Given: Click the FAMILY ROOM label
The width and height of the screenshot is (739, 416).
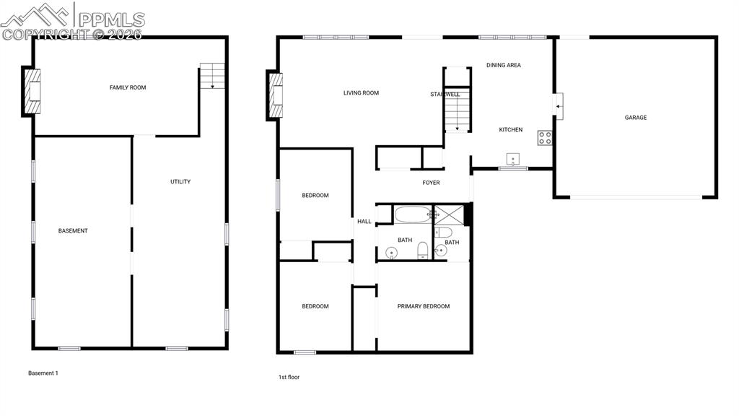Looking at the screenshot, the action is (128, 87).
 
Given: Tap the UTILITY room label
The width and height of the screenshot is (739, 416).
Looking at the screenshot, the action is (180, 181).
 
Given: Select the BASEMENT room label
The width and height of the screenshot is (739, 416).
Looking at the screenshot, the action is (73, 231).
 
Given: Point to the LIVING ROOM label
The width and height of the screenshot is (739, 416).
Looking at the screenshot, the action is (361, 93).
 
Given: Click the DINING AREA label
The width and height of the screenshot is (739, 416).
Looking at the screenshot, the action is (503, 66).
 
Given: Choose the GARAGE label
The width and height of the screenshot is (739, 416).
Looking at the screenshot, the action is (636, 118).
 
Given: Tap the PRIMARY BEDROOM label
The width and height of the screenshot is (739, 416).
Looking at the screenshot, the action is (423, 306).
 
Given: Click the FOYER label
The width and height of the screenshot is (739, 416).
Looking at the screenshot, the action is (432, 183).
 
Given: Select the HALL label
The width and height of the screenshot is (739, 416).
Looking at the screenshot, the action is (364, 222).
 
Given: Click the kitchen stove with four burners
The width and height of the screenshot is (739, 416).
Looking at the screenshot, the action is (545, 138).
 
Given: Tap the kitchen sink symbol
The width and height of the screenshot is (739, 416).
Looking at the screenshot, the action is (513, 159).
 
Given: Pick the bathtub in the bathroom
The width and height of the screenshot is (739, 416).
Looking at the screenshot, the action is (413, 214).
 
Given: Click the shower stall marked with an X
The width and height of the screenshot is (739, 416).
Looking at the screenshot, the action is (449, 215).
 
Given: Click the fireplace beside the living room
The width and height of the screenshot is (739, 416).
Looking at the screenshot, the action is (276, 95).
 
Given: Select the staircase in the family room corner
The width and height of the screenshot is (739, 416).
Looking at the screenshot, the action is (212, 76).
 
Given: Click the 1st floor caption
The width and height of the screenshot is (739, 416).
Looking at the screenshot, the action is (289, 377).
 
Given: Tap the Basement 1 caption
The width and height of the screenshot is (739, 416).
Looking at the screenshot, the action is (43, 373).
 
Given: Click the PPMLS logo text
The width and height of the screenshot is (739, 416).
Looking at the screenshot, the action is (112, 19).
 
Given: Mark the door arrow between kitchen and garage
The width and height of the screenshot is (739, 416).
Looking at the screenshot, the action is (558, 107).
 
